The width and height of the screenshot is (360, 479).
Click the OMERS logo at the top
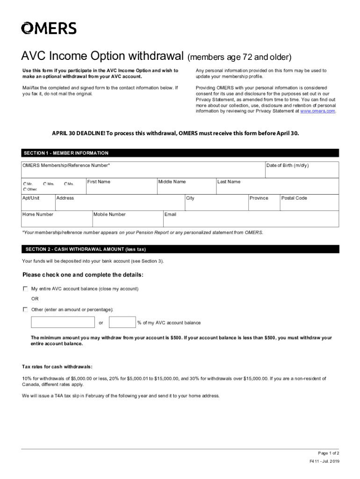49,28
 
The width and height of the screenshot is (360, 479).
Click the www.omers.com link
317,111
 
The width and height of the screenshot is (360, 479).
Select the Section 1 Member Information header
65,153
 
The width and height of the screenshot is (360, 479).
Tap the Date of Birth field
302,171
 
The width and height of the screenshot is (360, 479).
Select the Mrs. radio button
45,184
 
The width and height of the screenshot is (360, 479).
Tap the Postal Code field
309,204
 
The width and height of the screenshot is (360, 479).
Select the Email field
251,220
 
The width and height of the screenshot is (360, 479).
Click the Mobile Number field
127,220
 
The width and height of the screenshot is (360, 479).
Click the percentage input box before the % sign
122,322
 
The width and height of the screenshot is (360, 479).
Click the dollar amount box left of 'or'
63,322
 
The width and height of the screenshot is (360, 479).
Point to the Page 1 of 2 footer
328,453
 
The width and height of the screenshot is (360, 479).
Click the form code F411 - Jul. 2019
324,462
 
